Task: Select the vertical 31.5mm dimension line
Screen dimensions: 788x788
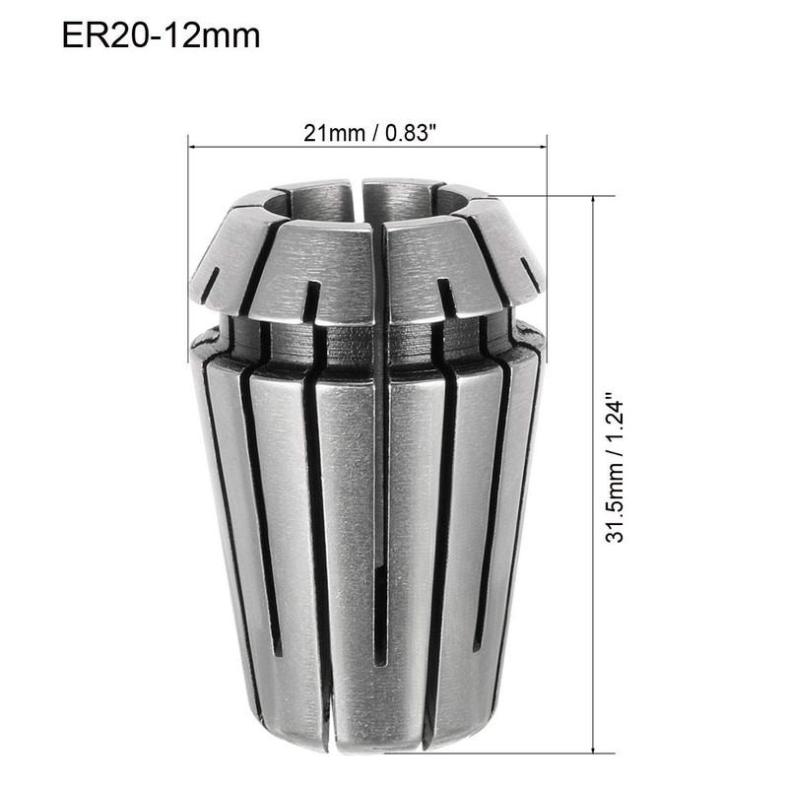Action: (593, 295)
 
